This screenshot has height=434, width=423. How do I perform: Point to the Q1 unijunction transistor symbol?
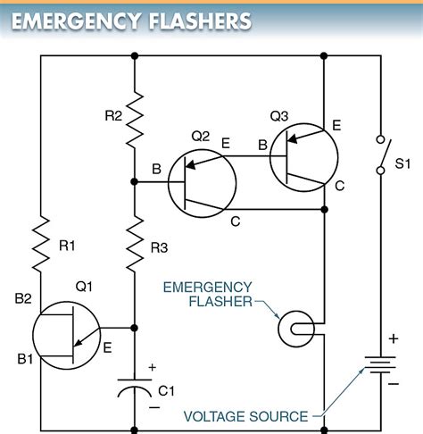click(66, 336)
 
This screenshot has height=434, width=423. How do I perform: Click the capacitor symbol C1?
click(134, 390)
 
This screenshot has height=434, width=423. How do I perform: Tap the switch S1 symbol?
click(381, 155)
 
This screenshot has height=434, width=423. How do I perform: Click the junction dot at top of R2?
click(134, 55)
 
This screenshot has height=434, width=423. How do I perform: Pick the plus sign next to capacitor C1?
click(152, 367)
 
